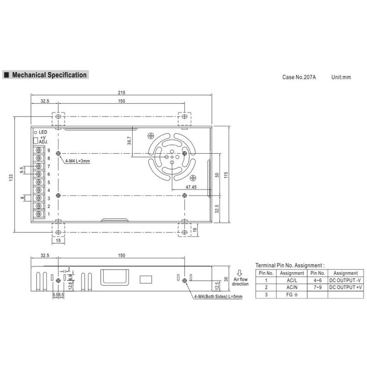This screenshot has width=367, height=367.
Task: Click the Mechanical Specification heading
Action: [49, 75]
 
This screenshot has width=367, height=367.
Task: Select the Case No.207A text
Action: [299, 77]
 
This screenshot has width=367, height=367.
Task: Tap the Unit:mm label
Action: [341, 77]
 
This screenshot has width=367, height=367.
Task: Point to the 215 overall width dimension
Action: [121, 92]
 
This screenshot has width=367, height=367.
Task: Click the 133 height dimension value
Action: [11, 178]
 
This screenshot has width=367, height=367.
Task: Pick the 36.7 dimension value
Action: [130, 141]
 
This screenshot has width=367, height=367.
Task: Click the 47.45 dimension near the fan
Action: [191, 187]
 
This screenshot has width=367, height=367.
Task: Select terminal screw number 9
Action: [39, 150]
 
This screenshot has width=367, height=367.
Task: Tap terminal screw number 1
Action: [39, 214]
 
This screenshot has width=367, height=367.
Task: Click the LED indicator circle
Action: [36, 133]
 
